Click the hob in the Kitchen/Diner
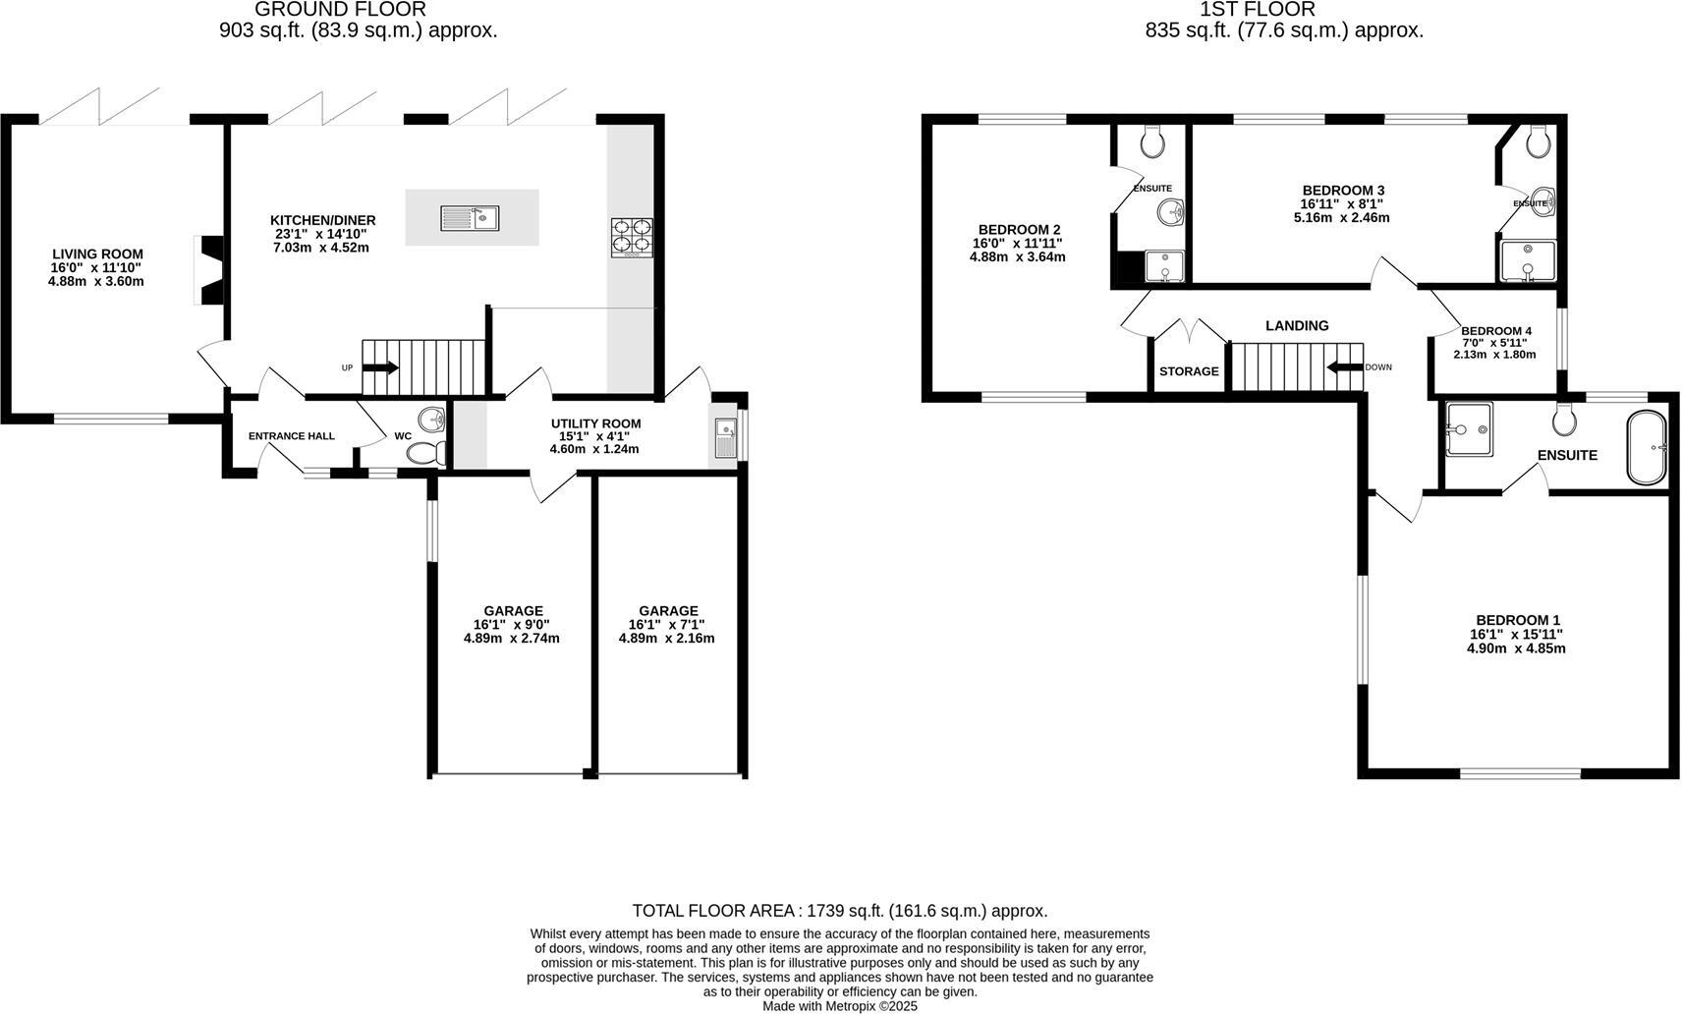click(632, 238)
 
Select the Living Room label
click(97, 253)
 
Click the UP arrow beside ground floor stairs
click(380, 367)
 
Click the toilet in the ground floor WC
click(425, 453)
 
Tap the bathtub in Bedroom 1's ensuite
click(1646, 448)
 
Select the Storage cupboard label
click(1188, 371)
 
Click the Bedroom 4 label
click(1495, 331)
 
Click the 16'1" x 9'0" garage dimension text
click(512, 624)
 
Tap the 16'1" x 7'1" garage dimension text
click(666, 624)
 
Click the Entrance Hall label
click(291, 436)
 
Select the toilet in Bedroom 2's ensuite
click(1152, 142)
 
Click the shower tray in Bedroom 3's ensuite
click(1528, 261)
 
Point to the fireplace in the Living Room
click(209, 269)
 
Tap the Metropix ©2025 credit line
click(840, 1006)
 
